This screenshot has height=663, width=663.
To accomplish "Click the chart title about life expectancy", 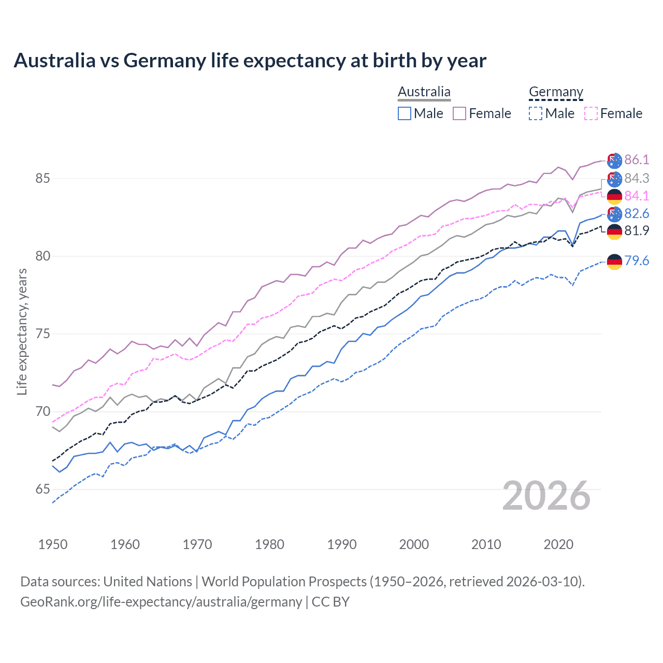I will pyautogui.click(x=250, y=61).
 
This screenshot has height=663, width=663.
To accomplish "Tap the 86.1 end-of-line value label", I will pyautogui.click(x=637, y=160).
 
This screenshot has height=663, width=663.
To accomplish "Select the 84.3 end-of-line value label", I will pyautogui.click(x=637, y=178).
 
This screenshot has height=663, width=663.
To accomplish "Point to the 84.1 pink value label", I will pyautogui.click(x=637, y=196).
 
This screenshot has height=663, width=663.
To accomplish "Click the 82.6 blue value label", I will pyautogui.click(x=637, y=213).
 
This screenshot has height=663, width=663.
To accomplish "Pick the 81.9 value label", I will pyautogui.click(x=637, y=230).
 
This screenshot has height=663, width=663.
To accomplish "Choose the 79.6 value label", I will pyautogui.click(x=637, y=261).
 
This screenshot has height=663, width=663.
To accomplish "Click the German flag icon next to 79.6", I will pyautogui.click(x=614, y=262).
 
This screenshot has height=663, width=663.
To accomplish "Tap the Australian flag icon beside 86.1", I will pyautogui.click(x=614, y=161).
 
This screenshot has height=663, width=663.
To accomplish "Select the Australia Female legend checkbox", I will pyautogui.click(x=459, y=113).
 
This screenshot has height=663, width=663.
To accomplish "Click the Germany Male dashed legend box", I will pyautogui.click(x=536, y=113).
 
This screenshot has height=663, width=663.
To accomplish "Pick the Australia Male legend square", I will pyautogui.click(x=405, y=113).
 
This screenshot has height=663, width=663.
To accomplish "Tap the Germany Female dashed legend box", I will pyautogui.click(x=591, y=113).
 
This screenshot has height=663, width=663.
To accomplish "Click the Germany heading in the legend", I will pyautogui.click(x=556, y=92).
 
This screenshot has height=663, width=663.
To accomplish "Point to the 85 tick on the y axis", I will pyautogui.click(x=42, y=179).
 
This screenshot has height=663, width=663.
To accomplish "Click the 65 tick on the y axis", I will pyautogui.click(x=42, y=489).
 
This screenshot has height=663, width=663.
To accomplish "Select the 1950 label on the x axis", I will pyautogui.click(x=53, y=544).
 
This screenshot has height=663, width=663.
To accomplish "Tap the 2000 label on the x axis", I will pyautogui.click(x=414, y=544).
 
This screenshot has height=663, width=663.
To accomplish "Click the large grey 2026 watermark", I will pyautogui.click(x=546, y=496).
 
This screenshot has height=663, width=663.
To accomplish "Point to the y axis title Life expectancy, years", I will pyautogui.click(x=22, y=331).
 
